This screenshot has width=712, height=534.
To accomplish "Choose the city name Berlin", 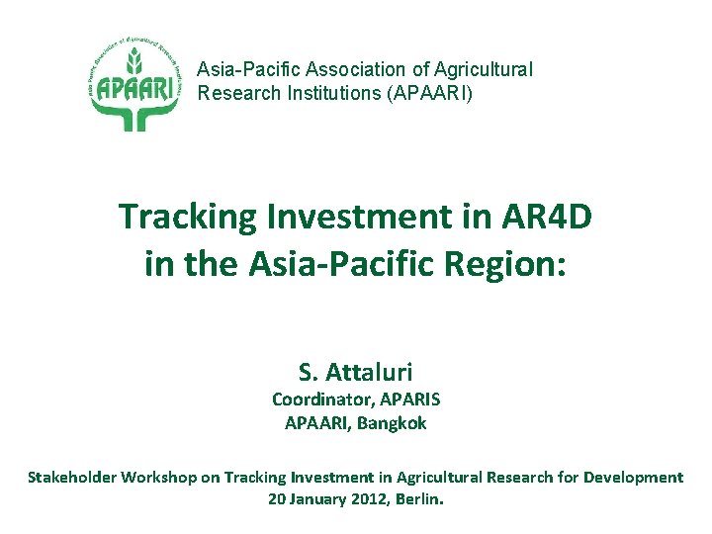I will coord(419,498).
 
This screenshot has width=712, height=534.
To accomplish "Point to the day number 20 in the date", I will coord(278,498).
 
